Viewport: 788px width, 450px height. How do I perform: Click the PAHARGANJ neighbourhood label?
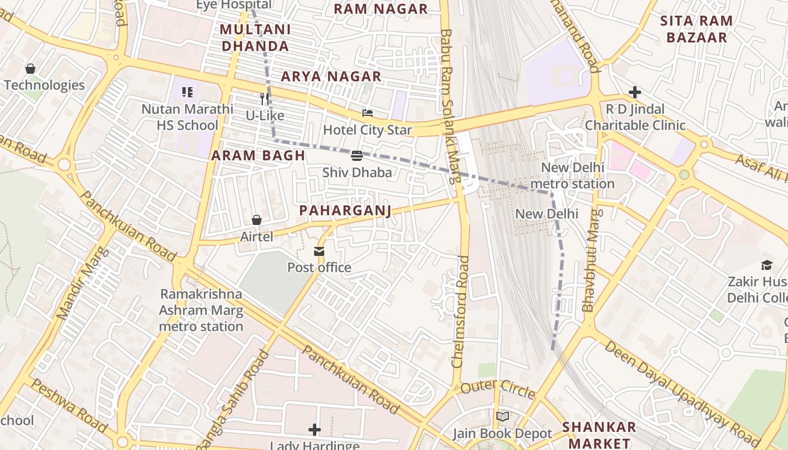click(x=344, y=210)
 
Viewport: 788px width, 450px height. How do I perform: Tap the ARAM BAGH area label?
click(x=258, y=156)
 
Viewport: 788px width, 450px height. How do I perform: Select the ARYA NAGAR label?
click(x=331, y=76)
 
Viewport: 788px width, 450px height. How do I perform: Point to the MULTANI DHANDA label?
click(x=255, y=38)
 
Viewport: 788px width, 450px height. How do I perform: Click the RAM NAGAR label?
click(x=380, y=9)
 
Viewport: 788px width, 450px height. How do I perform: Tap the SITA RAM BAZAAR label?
click(x=696, y=29)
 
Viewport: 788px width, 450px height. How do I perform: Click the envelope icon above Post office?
click(x=319, y=251)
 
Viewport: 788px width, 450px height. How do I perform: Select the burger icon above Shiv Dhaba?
click(x=356, y=156)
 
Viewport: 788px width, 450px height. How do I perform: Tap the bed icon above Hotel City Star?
click(x=367, y=114)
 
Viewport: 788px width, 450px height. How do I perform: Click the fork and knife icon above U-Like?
click(x=265, y=99)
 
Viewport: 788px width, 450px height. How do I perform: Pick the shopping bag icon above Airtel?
click(x=257, y=220)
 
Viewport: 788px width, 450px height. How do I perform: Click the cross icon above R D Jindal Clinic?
click(x=635, y=92)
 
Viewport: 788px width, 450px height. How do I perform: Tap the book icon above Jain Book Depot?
click(x=502, y=417)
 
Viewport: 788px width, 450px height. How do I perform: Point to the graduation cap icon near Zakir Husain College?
click(x=767, y=265)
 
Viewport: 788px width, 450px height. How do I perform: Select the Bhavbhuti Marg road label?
click(x=590, y=260)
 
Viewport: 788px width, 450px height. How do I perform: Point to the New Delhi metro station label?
click(x=572, y=175)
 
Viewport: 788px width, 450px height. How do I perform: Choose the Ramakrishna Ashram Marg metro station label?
click(x=201, y=310)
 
